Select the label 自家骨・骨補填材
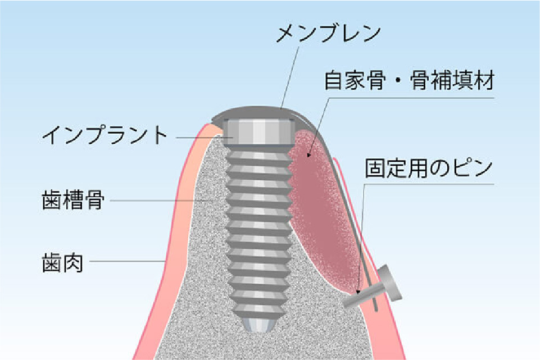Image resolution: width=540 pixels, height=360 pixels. [410, 81]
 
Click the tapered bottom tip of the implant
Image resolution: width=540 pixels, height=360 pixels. [258, 325]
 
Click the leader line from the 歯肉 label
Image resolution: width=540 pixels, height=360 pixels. [126, 262]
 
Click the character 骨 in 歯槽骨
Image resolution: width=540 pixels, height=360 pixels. [94, 199]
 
